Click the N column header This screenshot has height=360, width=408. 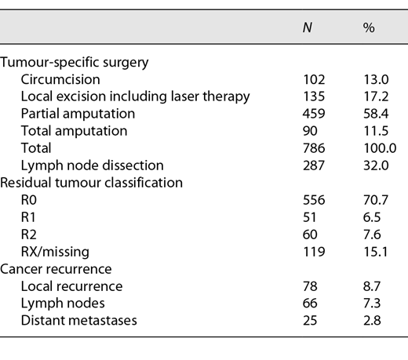tap(308, 27)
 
